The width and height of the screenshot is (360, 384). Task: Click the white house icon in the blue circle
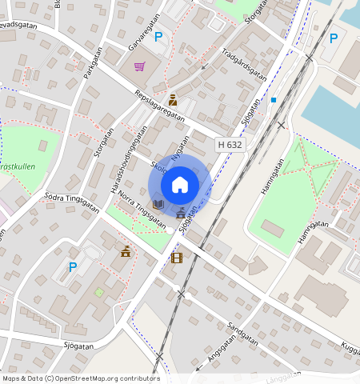point(180,185)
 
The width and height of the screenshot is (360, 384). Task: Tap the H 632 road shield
point(230,145)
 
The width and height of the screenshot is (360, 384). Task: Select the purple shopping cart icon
point(139,66)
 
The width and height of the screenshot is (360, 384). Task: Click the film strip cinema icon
point(176,258)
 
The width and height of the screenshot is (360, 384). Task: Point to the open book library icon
point(158,205)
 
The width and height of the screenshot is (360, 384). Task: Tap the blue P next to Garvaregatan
point(158,36)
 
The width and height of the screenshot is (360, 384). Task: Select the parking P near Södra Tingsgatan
point(73,267)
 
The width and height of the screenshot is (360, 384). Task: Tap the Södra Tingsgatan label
point(71,202)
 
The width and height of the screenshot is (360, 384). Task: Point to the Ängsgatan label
point(222,349)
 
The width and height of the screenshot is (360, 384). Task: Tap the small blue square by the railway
point(273,100)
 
